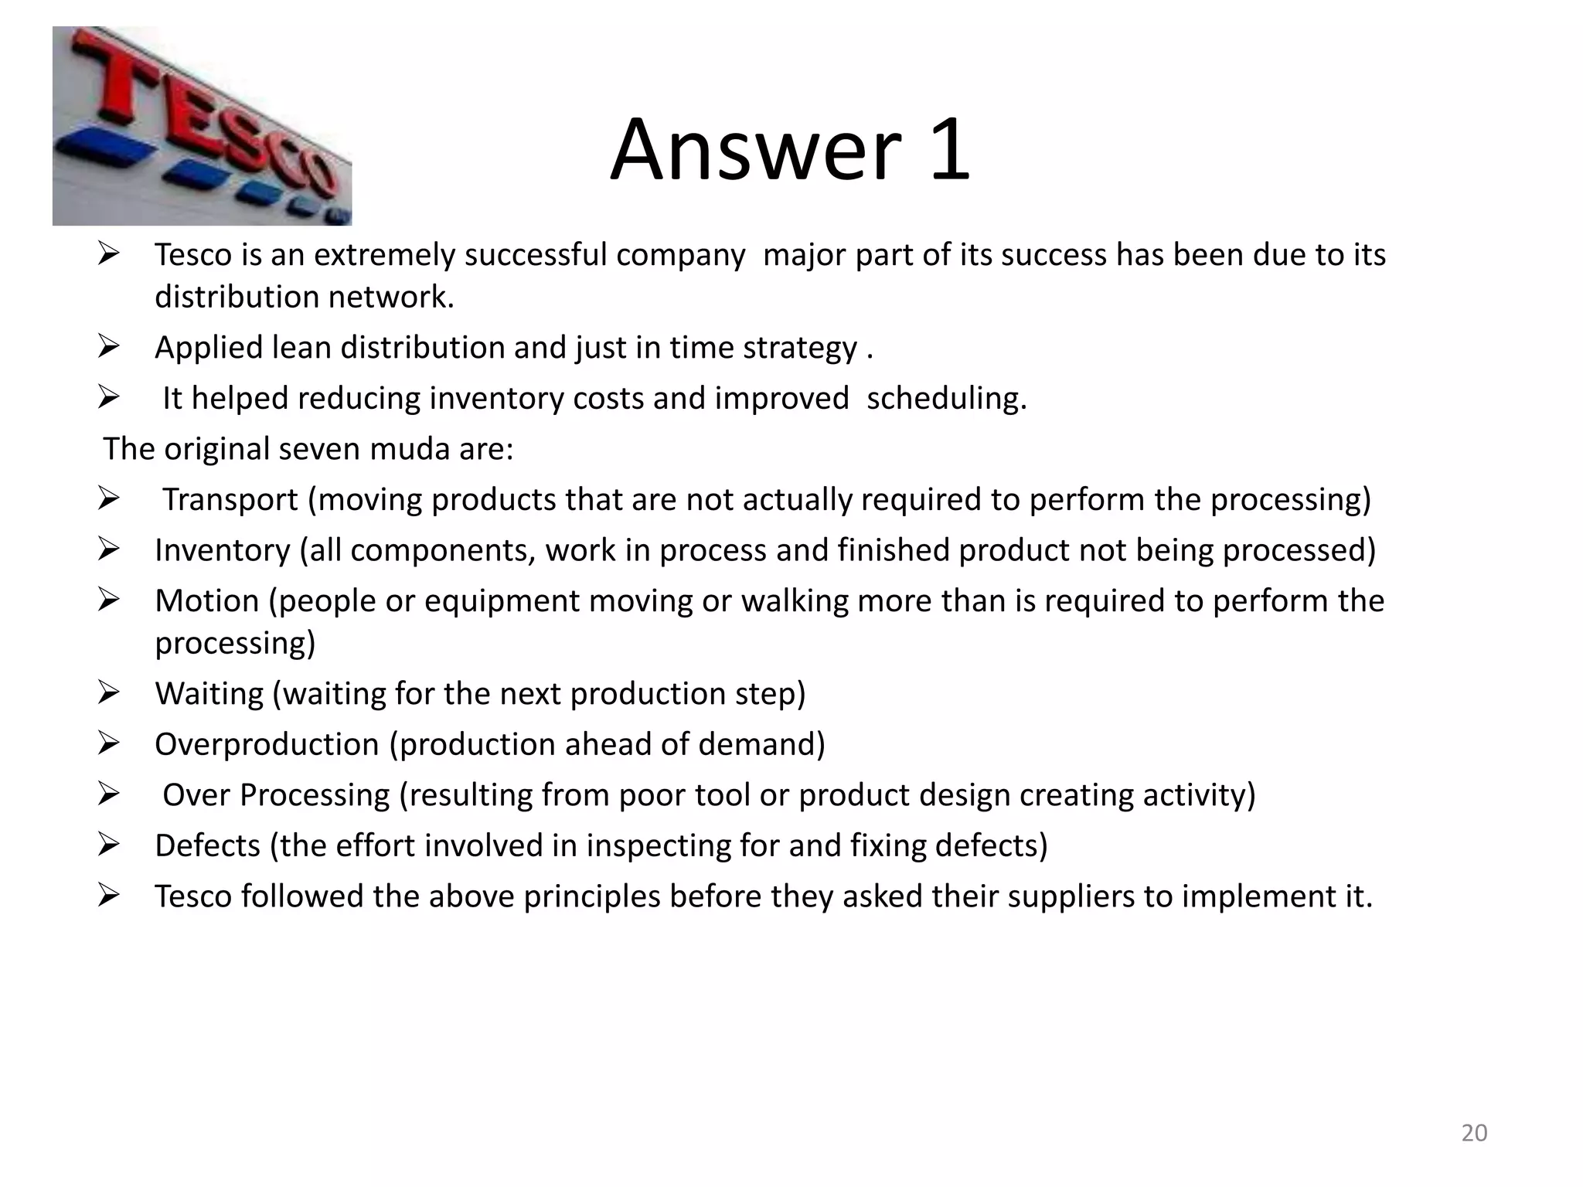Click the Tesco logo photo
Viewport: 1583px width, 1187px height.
202,126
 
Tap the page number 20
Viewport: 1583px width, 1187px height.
1474,1133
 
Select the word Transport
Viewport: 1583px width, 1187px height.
230,500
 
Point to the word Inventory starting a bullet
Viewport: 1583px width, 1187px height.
222,550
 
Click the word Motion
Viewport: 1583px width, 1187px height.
206,601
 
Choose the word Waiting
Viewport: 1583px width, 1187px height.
209,694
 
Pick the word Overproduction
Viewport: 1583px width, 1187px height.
266,744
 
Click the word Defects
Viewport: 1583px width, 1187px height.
207,845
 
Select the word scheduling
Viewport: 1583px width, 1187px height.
946,399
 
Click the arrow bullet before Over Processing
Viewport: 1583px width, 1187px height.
108,794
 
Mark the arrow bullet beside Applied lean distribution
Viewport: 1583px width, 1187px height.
108,347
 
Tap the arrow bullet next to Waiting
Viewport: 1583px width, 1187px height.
108,693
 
